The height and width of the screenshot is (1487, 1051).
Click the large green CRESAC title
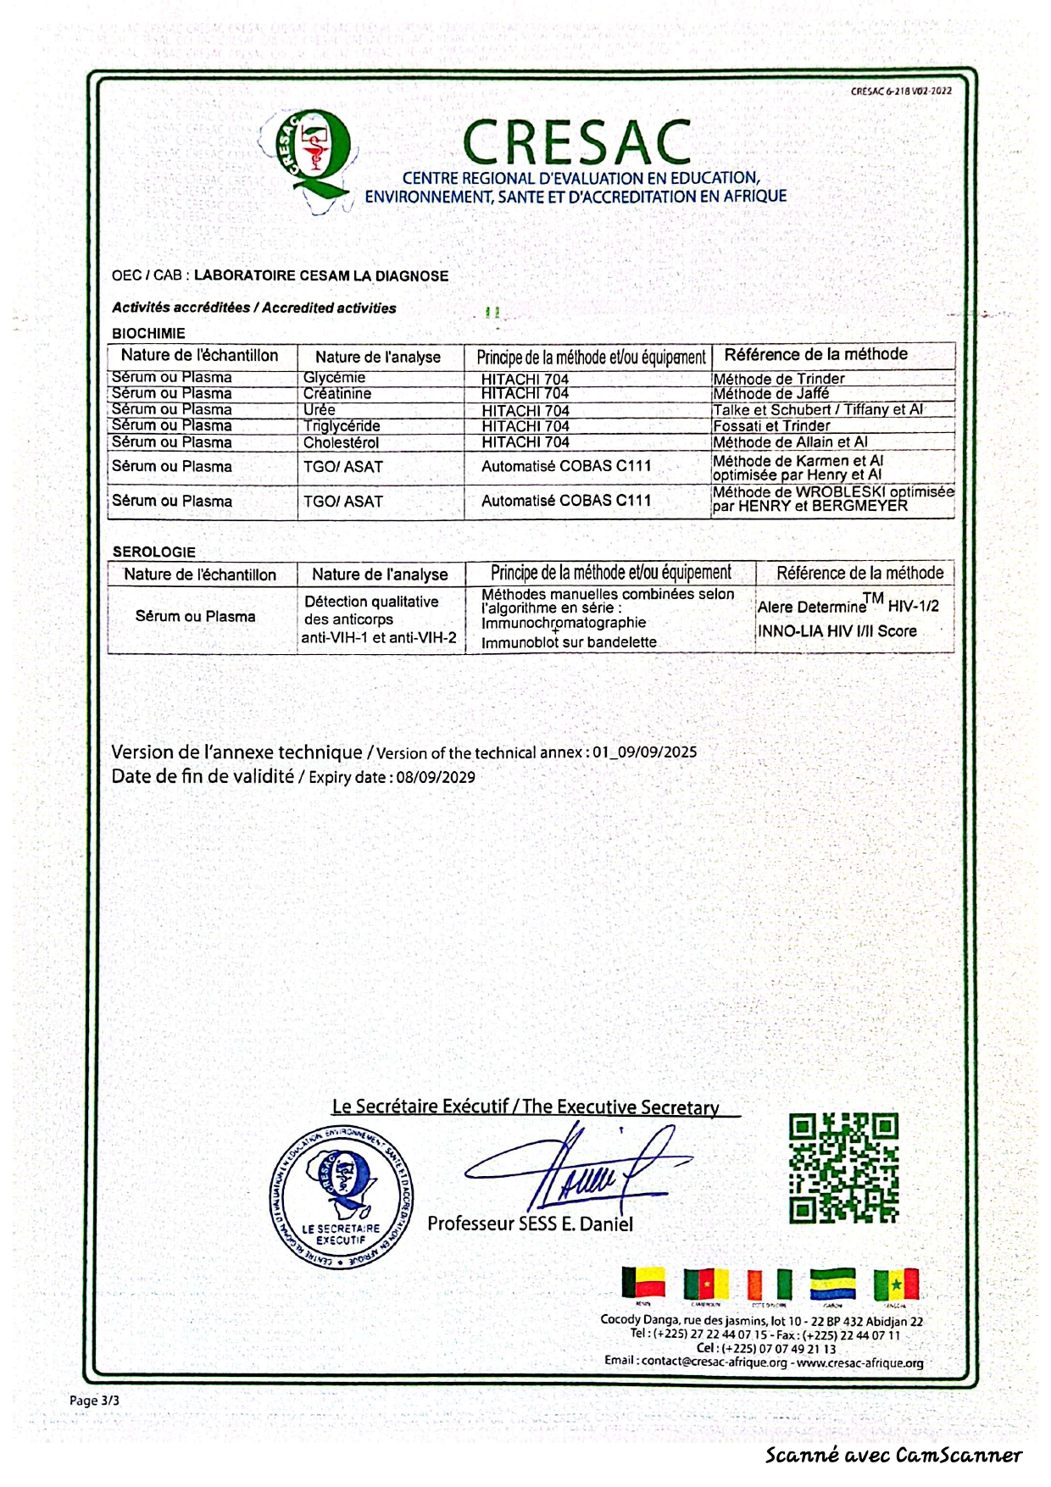tap(577, 141)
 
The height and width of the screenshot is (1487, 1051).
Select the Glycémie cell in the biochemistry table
tap(335, 378)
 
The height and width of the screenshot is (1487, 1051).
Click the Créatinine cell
tap(337, 394)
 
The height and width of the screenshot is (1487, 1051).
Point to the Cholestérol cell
tap(341, 442)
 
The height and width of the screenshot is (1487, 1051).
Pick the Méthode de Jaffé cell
tap(770, 394)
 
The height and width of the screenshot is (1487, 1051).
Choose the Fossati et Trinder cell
tap(771, 426)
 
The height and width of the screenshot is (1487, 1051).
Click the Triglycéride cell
tap(342, 426)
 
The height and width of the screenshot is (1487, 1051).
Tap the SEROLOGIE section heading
tap(153, 552)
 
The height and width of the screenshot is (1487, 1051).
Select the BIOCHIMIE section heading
tap(148, 333)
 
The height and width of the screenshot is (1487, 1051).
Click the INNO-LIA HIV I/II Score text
tap(837, 631)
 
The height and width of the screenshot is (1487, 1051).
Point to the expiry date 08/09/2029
tap(436, 778)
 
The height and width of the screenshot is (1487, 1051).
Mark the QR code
tap(842, 1168)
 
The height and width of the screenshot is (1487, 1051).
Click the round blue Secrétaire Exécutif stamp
tap(342, 1197)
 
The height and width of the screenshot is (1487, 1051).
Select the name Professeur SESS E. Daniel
tap(530, 1223)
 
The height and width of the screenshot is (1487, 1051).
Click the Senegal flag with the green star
tap(896, 1284)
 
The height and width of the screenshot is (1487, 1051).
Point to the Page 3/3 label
tap(94, 1401)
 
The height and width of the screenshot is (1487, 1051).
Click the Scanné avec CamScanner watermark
tap(893, 1456)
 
